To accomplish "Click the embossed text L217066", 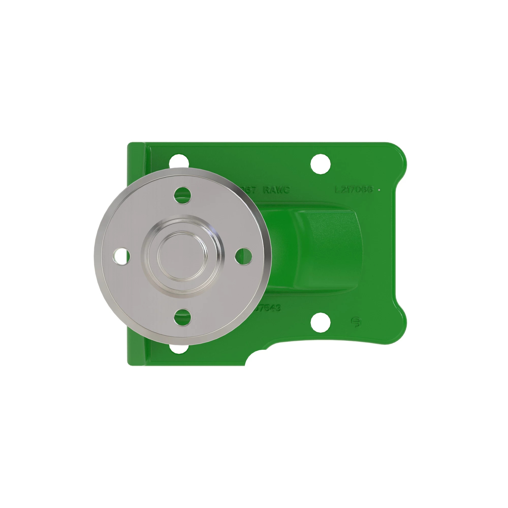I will tap(354, 189).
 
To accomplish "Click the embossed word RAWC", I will tap(276, 189).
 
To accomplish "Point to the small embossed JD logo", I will tap(357, 322).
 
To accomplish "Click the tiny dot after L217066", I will tap(379, 189).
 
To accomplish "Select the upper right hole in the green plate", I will tap(320, 164).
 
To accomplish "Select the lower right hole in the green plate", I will tap(320, 322).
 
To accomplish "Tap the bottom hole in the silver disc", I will tap(183, 317).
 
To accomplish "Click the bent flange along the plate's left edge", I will tap(136, 252).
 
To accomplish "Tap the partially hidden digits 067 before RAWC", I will tap(249, 189).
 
